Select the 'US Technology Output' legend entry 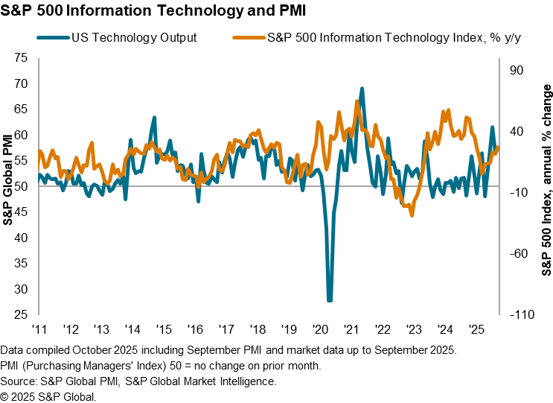click(x=134, y=38)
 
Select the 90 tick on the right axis click(x=516, y=70)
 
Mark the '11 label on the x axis click(x=40, y=329)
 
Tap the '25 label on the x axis click(x=476, y=329)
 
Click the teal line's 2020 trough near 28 click(x=330, y=300)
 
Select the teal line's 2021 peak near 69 click(x=362, y=89)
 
